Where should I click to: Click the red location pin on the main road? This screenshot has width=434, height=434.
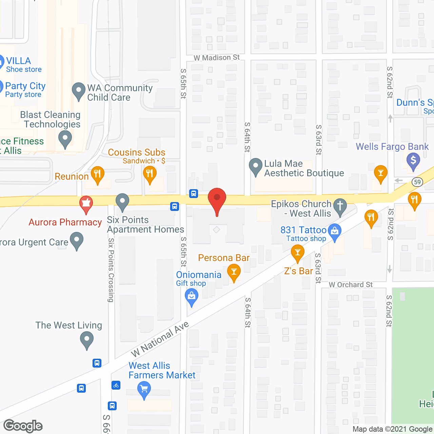(217, 198)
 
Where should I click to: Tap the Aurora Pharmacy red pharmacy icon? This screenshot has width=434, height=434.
(86, 203)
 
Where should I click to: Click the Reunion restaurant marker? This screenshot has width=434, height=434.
(97, 174)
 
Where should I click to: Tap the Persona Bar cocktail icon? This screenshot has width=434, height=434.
(234, 272)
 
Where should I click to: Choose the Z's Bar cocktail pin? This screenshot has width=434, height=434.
(297, 253)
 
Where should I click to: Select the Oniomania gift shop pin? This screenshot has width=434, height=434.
(192, 296)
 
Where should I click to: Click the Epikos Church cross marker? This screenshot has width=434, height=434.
(340, 206)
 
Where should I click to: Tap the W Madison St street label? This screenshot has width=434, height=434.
(216, 58)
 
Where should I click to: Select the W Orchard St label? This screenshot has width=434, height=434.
(351, 285)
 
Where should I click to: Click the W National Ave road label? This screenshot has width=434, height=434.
(160, 339)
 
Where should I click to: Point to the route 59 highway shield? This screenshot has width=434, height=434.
(417, 182)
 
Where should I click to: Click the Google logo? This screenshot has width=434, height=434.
(23, 426)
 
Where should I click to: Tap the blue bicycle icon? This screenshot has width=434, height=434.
(116, 385)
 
